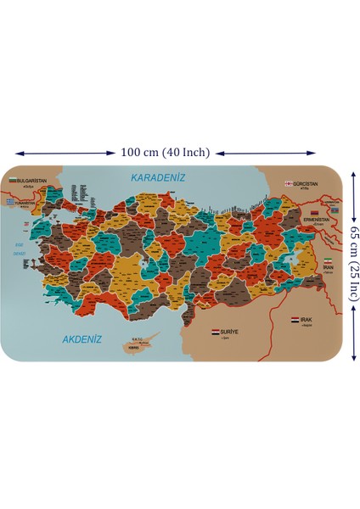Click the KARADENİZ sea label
coord(157,177)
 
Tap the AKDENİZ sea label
coord(82,339)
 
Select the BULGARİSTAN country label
coord(33,181)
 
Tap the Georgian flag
coord(289,182)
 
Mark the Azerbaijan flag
coord(335,210)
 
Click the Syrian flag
coord(215,332)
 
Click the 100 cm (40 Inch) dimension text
coord(165,153)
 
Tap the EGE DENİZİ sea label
coord(20,248)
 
